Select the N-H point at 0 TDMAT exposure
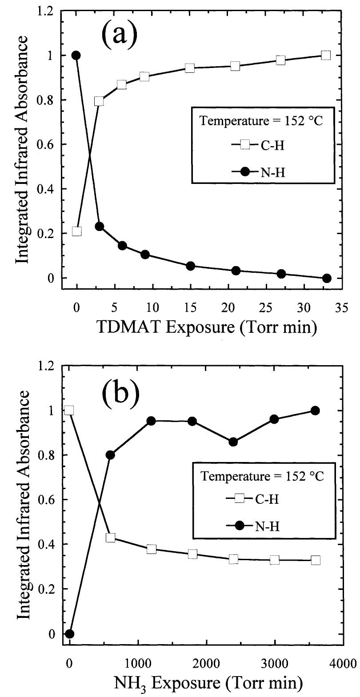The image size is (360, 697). [x=76, y=56]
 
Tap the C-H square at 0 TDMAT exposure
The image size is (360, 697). [x=77, y=231]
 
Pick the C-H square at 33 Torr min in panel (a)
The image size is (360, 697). [x=326, y=56]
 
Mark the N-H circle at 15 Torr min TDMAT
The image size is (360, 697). [x=190, y=266]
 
